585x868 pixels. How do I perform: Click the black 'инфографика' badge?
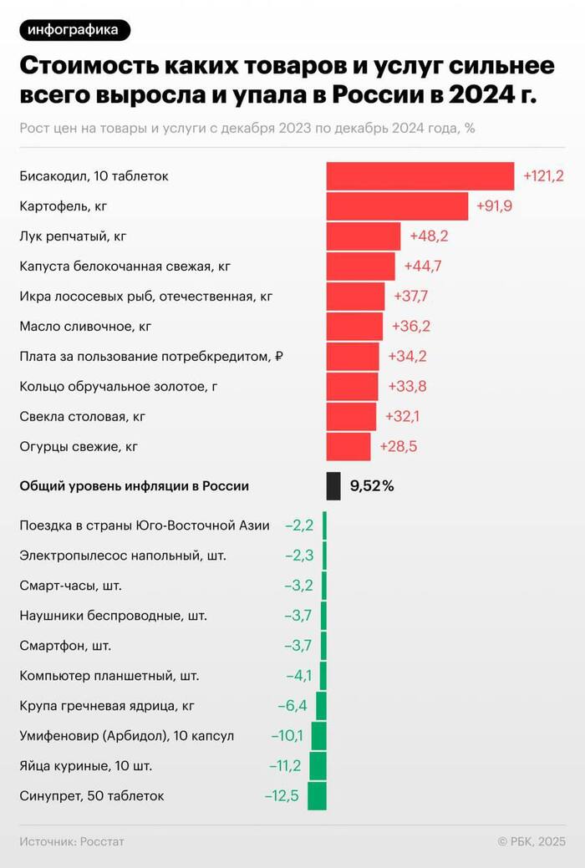point(73,30)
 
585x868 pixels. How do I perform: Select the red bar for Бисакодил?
point(420,176)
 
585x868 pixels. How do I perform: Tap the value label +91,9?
point(494,206)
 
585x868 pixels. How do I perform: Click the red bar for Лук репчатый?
point(364,236)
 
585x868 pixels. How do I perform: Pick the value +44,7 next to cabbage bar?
point(422,266)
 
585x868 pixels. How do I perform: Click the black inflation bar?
point(333,485)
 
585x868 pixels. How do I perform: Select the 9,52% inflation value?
point(372,485)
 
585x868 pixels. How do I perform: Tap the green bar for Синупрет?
point(317,795)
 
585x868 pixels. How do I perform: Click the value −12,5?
point(282,795)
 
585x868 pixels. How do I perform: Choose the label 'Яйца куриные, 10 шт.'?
point(85,765)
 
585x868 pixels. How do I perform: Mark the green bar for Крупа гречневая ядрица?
point(321,705)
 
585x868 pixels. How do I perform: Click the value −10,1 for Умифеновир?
point(287,735)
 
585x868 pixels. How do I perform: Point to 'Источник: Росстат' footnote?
point(71,841)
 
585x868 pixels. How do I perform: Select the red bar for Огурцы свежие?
point(348,446)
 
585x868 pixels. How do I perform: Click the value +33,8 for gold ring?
point(407,386)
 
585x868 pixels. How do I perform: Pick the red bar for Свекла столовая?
point(351,416)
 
